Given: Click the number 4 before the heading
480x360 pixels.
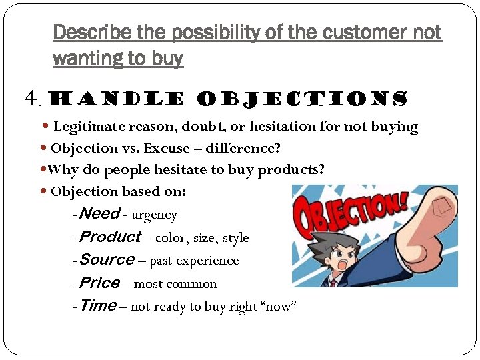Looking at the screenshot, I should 31,100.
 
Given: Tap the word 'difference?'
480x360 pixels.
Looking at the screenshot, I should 246,148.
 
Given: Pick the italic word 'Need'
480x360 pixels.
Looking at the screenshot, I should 99,214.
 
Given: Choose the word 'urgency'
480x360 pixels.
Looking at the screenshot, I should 154,215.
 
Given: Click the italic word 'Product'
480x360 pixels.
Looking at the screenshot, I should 109,237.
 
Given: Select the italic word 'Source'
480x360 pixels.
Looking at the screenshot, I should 106,260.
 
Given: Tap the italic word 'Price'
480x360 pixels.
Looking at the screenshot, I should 99,283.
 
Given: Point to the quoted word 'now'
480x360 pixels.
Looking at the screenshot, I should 280,307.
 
